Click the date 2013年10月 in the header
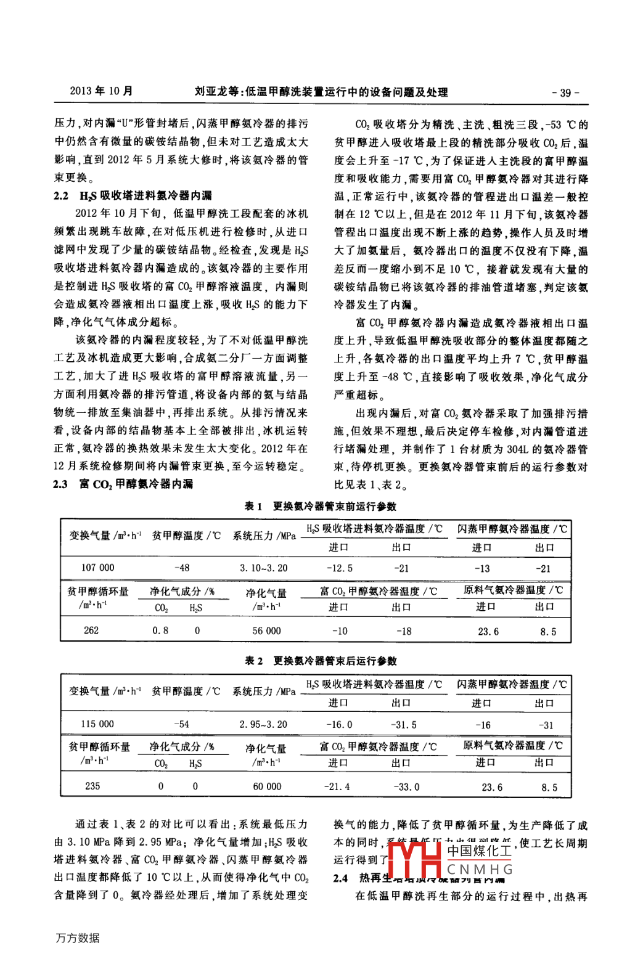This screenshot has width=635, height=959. (x=101, y=91)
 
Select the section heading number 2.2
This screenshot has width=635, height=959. (x=60, y=196)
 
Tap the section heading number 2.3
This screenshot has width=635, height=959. (x=60, y=484)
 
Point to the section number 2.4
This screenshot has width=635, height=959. (x=340, y=878)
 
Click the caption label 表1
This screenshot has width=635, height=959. (x=253, y=507)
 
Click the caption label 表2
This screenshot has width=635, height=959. (x=253, y=661)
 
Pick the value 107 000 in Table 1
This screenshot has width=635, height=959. (x=97, y=568)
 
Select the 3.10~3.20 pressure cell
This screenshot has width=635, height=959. (x=263, y=568)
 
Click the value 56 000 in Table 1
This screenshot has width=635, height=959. (x=266, y=630)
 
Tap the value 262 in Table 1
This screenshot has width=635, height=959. (x=91, y=630)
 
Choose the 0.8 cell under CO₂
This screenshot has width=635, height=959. (x=160, y=630)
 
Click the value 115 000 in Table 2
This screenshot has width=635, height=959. (x=97, y=724)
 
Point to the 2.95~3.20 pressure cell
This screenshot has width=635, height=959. (x=263, y=724)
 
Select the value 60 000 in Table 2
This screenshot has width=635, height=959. (x=267, y=786)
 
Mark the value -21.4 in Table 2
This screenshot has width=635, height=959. (x=337, y=786)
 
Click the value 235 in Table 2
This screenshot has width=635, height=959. (x=92, y=786)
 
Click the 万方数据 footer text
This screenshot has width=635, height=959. (x=77, y=938)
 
